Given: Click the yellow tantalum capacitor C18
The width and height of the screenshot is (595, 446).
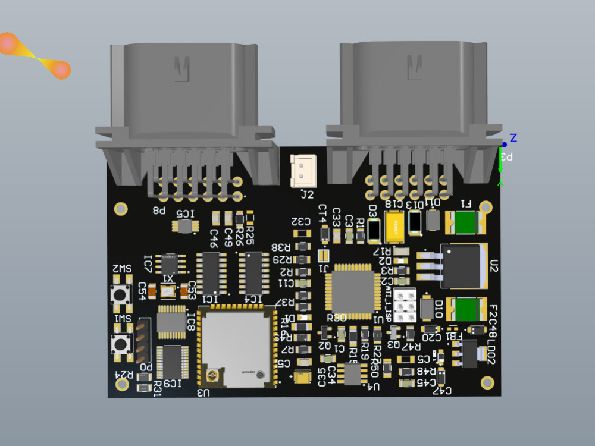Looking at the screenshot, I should tap(395, 227).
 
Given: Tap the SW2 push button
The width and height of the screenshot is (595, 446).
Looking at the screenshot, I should tap(121, 294).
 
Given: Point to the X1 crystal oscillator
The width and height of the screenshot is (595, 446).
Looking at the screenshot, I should tap(168, 291).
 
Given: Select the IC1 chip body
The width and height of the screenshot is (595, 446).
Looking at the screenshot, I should tap(210, 273).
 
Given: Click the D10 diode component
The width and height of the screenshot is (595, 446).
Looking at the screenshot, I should tap(426, 307).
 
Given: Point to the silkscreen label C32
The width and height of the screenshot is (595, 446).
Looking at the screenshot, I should tap(301, 221).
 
